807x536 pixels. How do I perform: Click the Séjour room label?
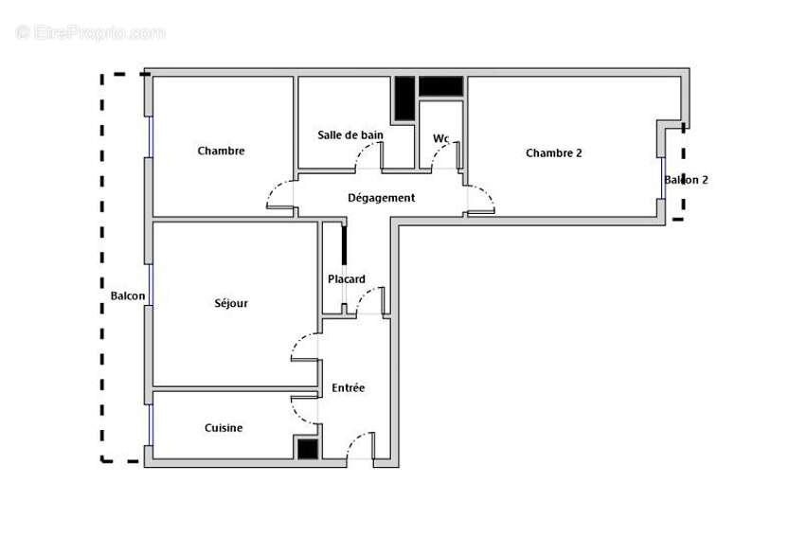231,303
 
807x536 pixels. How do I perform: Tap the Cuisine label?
224,428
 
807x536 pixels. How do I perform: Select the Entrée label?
348,388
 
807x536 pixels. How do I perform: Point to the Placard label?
347,279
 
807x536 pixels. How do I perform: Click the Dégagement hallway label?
381,198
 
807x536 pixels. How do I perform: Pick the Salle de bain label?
350,135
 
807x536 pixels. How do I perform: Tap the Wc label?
440,138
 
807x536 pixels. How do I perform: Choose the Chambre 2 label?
553,152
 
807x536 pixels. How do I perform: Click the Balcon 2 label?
686,179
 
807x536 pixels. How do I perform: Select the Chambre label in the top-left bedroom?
221,151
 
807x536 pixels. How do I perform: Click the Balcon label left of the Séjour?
128,295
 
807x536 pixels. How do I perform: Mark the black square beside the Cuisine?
308,449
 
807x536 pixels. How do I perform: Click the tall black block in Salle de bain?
404,98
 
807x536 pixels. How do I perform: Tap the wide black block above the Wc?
440,86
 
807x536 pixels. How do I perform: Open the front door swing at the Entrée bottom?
359,446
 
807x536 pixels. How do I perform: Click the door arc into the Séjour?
305,347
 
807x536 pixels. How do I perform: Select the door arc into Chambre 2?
480,199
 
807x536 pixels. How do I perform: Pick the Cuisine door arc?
305,408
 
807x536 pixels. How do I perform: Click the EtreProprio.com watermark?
90,33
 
